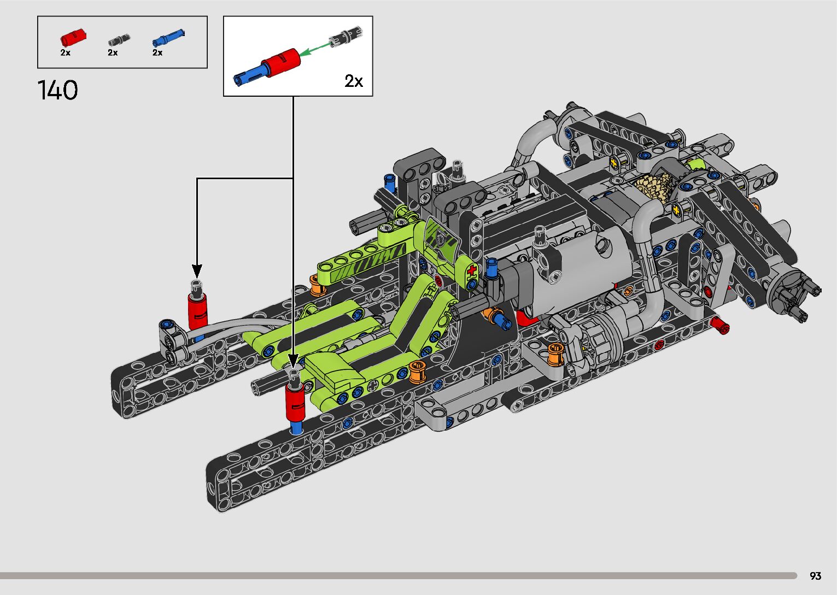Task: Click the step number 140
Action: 58,90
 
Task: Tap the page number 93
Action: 815,575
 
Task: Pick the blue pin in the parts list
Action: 168,37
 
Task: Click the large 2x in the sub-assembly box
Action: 354,81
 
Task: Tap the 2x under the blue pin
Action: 157,52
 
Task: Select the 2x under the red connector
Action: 66,52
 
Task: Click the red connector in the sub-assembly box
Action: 280,62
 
